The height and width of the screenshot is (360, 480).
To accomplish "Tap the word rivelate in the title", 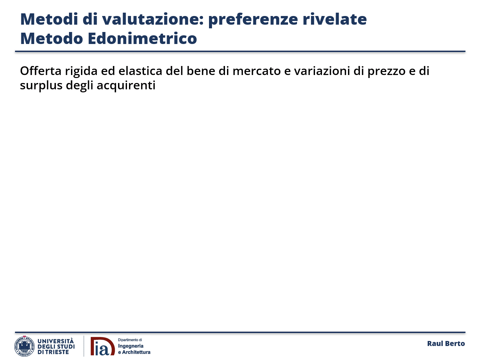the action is [x=335, y=19].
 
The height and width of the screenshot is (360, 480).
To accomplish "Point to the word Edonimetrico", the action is [x=142, y=38].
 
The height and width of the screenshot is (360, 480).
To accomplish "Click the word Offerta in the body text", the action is [x=41, y=71].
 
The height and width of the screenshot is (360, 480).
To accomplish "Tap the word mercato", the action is [x=257, y=71].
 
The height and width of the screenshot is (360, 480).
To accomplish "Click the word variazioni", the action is [x=322, y=71].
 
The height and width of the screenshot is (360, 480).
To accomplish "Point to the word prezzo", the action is [x=387, y=72].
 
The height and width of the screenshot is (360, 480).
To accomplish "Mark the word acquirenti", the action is [x=126, y=86].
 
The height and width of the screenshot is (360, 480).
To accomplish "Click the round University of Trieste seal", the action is [x=24, y=346].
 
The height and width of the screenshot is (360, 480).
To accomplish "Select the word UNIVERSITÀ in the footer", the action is [x=56, y=341].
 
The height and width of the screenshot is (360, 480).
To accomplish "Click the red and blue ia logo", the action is [x=103, y=346].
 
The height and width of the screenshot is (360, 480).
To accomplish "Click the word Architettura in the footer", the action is [x=136, y=352].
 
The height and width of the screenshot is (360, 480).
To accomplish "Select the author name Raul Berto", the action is [x=446, y=344].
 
